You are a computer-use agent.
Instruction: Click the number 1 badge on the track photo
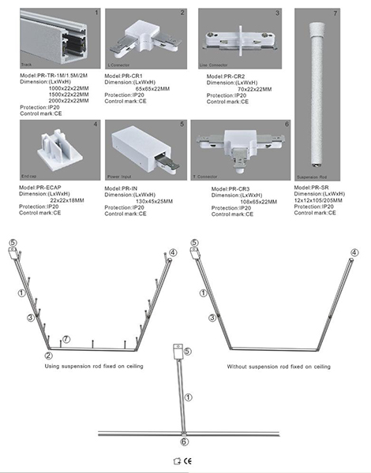point(97,13)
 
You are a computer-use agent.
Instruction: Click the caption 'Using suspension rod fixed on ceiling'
point(97,367)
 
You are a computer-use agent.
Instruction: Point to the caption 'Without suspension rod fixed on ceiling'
point(279,367)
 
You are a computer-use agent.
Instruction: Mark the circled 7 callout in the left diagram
point(67,339)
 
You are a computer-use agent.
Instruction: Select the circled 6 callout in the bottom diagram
point(184,444)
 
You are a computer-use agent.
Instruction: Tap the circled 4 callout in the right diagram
point(354,252)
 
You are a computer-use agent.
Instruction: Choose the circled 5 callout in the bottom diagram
point(187,350)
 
